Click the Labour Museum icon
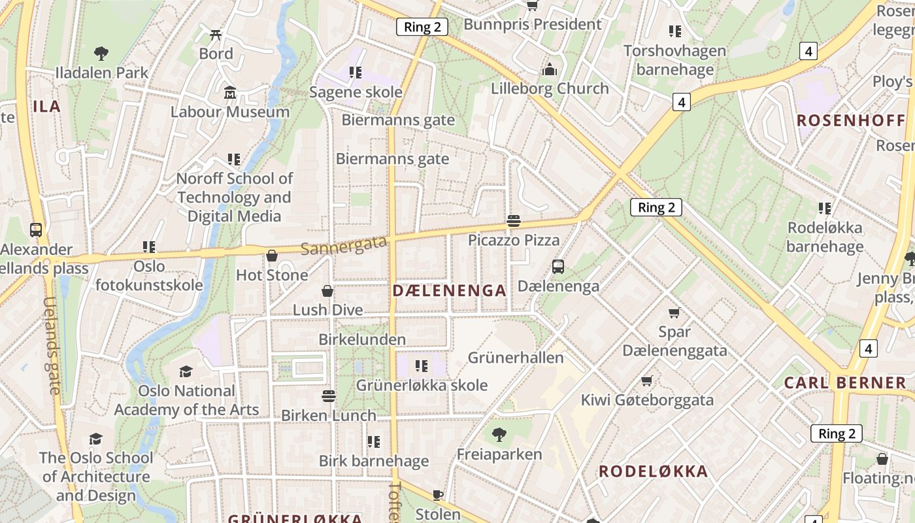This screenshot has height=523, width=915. [x=230, y=93]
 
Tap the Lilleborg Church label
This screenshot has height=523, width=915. [x=550, y=88]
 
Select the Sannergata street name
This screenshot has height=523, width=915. [x=344, y=246]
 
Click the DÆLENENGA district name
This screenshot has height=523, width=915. [x=450, y=291]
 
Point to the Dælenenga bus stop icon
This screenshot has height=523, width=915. [x=557, y=267]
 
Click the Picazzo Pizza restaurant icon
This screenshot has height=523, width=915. [x=514, y=221]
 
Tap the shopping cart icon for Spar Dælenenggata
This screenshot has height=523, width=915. [x=674, y=313]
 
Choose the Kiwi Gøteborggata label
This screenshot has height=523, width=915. [x=647, y=400]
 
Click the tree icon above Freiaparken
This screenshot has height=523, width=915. [x=499, y=434]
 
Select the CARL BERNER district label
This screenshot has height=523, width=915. [x=845, y=383]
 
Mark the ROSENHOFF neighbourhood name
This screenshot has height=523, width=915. [x=851, y=120]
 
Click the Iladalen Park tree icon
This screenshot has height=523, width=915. [x=101, y=54]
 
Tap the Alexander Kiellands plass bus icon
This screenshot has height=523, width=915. [x=36, y=230]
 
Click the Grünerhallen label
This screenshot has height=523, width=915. [x=516, y=358]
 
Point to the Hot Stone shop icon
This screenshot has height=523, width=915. [x=272, y=256]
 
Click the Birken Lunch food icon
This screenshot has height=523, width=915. [x=329, y=396]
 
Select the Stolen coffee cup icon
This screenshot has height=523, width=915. [x=438, y=495]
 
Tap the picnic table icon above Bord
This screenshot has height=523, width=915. [x=216, y=35]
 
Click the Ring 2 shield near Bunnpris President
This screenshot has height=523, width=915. [x=422, y=27]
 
